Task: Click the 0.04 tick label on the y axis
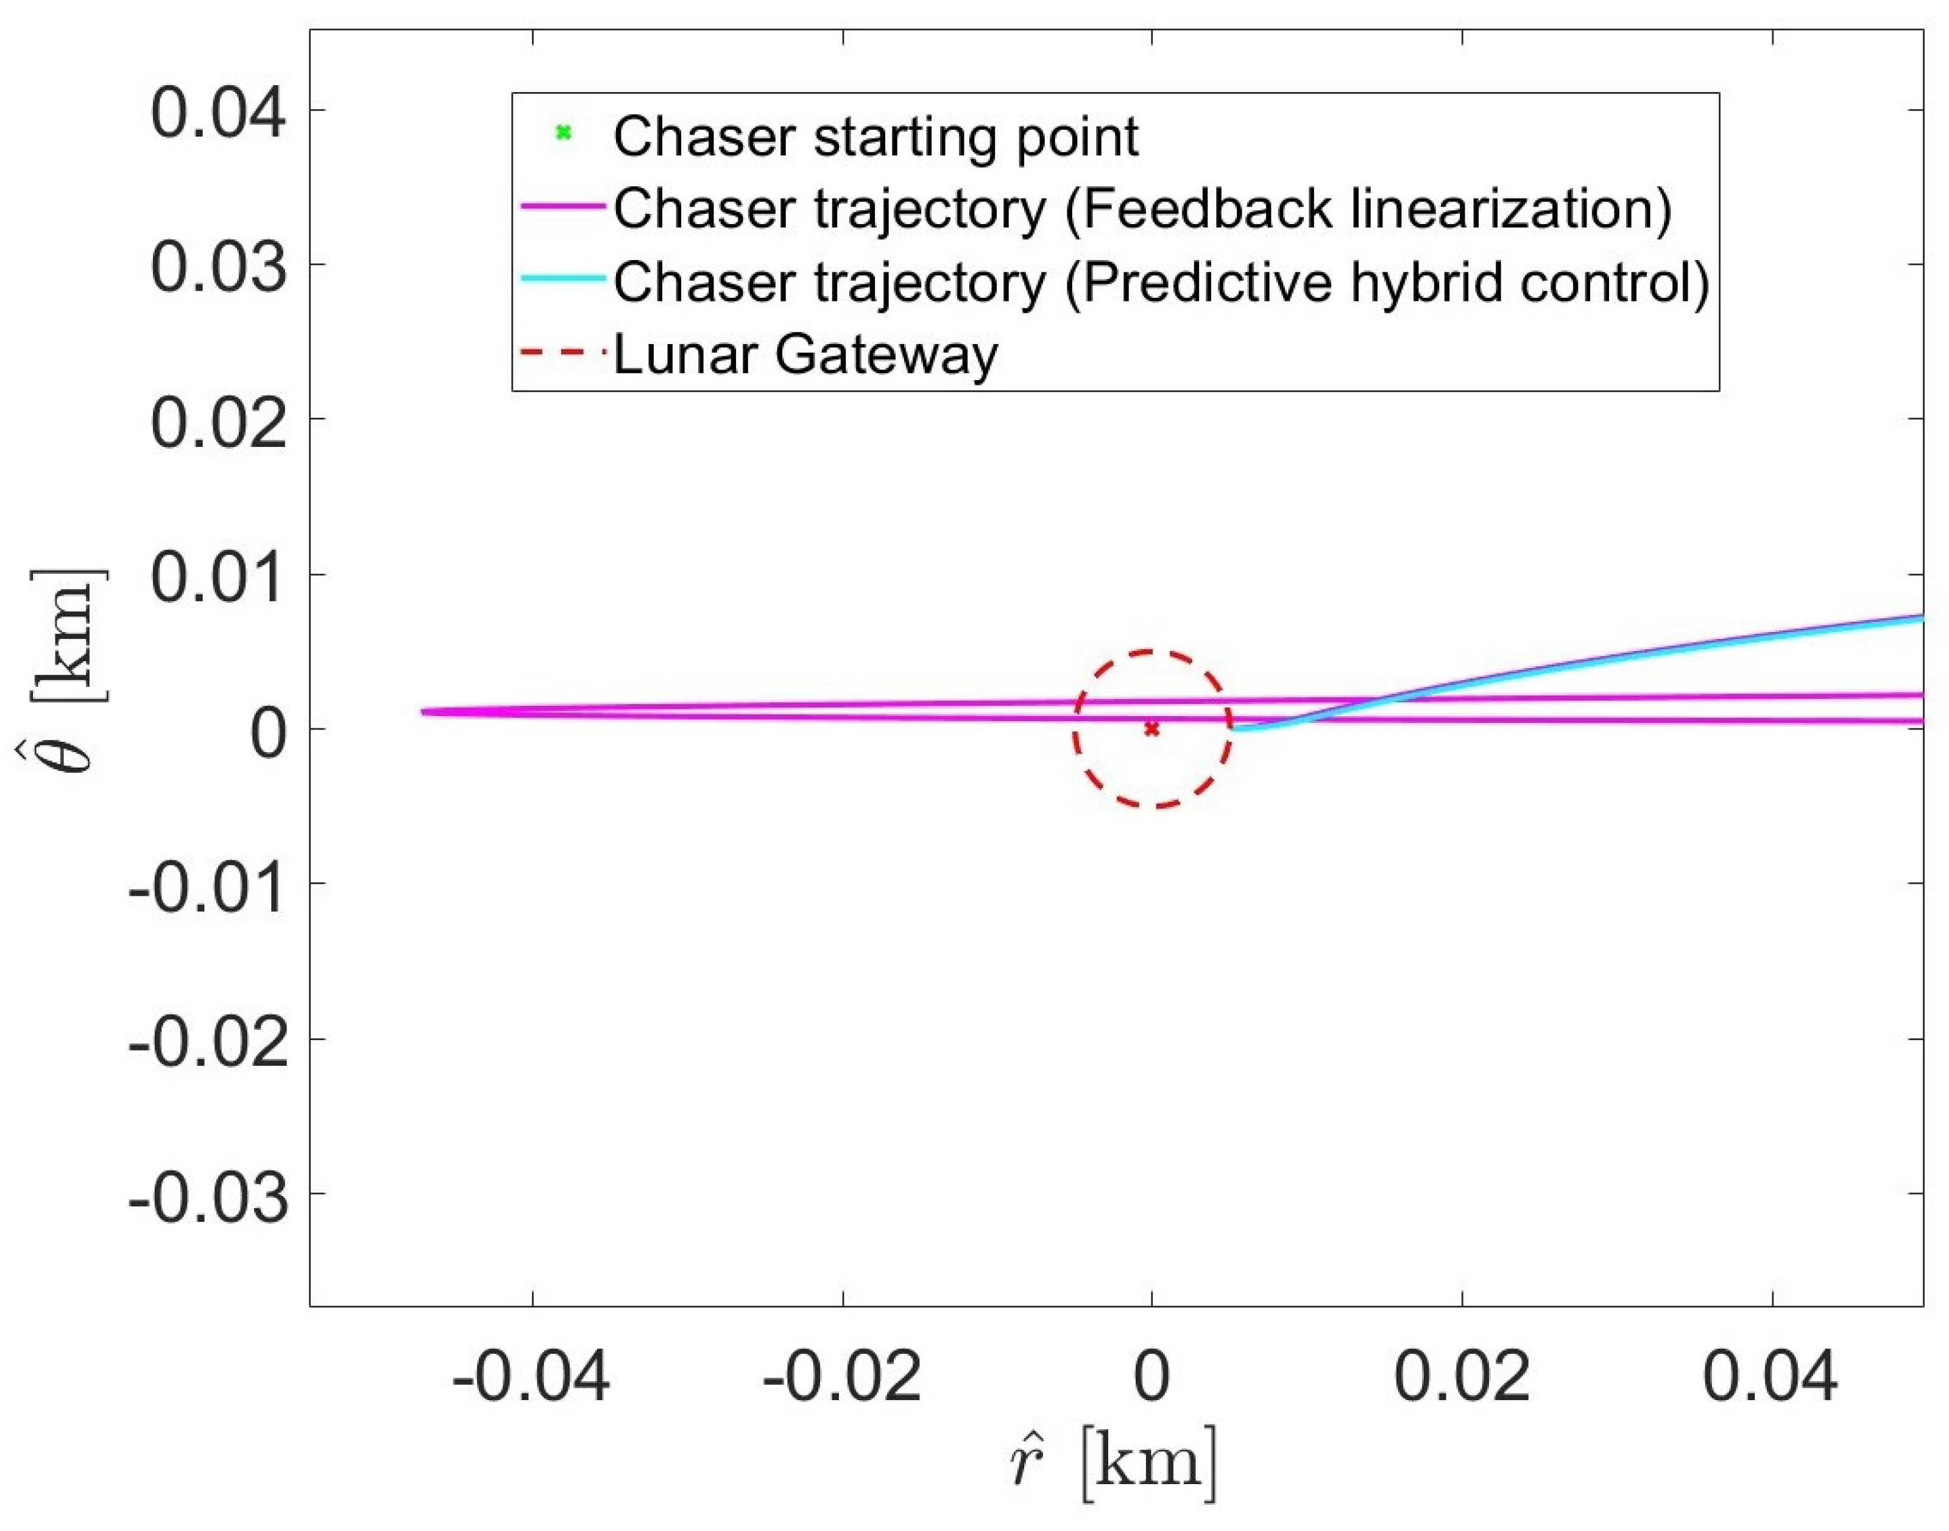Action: click(x=218, y=113)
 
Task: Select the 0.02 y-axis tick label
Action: click(x=218, y=422)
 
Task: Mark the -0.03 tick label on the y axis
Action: click(x=208, y=1197)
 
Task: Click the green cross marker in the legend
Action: click(x=563, y=133)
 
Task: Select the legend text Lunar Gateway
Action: click(x=805, y=355)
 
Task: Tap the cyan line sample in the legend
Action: click(x=563, y=279)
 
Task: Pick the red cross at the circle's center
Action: click(x=1152, y=730)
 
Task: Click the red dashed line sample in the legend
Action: click(x=563, y=352)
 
